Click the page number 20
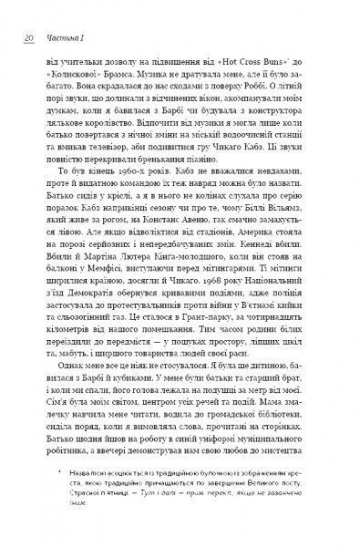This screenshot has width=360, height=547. pos(26,38)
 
